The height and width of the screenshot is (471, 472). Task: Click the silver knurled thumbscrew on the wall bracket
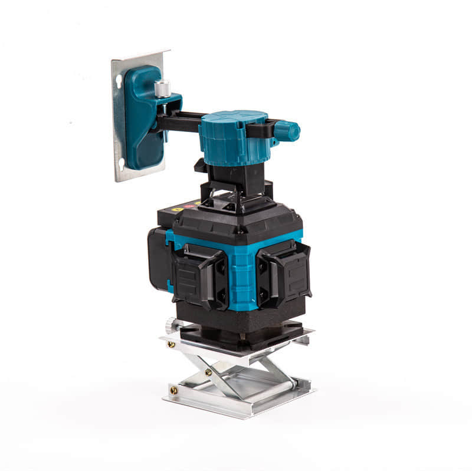162,89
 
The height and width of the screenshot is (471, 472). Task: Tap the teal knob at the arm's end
287,130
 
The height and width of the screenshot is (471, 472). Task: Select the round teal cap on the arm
233,138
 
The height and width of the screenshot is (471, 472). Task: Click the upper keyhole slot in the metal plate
120,83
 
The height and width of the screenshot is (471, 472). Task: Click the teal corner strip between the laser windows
241,277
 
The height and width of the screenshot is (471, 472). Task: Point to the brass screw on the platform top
171,344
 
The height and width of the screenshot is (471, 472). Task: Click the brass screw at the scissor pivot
208,372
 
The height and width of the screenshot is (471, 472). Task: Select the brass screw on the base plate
173,389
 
